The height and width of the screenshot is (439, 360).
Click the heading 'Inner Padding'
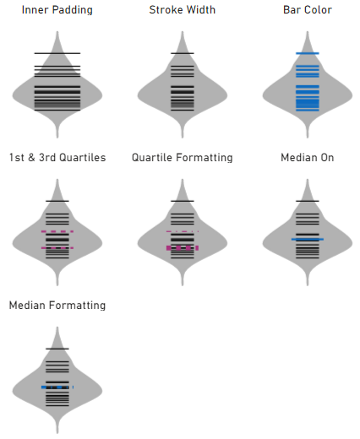[x=57, y=10]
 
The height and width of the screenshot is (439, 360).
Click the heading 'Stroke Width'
[x=183, y=10]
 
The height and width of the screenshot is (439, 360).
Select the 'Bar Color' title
[x=308, y=10]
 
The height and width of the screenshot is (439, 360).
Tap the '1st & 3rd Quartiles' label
[x=57, y=158]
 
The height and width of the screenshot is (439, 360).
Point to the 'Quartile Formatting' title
[x=183, y=158]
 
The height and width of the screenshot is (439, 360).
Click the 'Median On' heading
[x=308, y=158]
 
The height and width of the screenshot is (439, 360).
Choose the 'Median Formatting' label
[x=57, y=306]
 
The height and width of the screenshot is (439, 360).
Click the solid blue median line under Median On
[x=308, y=239]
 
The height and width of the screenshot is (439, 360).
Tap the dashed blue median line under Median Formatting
[x=57, y=388]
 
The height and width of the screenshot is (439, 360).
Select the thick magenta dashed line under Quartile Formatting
[x=183, y=248]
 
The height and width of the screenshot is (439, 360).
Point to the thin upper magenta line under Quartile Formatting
[x=183, y=231]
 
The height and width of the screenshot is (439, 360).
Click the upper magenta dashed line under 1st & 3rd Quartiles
[x=57, y=231]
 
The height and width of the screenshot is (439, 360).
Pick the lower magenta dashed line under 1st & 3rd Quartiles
[x=57, y=248]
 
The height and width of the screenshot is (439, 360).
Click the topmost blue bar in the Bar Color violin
[x=308, y=53]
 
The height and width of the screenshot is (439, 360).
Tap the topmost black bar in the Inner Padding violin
[x=57, y=53]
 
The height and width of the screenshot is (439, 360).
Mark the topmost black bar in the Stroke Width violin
[x=183, y=53]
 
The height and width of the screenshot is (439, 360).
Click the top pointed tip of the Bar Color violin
[x=308, y=31]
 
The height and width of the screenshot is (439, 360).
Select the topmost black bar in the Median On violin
[x=308, y=201]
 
